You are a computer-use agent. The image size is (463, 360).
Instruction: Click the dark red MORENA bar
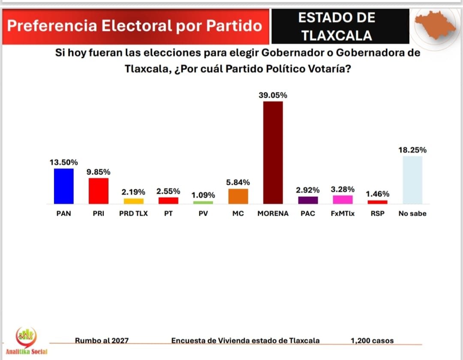tap(273, 153)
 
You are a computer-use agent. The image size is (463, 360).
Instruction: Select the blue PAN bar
tap(63, 186)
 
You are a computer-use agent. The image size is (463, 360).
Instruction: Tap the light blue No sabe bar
tap(412, 180)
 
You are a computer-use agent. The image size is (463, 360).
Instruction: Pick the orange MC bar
tap(238, 196)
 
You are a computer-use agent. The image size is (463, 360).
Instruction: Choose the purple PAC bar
tap(308, 200)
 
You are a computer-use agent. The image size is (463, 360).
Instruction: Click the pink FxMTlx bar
tap(343, 200)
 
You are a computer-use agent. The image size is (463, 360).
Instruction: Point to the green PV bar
tap(203, 202)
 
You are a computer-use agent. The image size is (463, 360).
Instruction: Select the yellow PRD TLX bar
tap(133, 201)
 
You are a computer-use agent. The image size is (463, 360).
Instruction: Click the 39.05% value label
tap(273, 95)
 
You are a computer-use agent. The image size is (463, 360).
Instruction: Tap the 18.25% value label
tap(412, 150)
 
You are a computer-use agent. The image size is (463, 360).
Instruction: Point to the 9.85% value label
tap(98, 172)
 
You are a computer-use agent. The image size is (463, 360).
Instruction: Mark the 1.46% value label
tap(377, 194)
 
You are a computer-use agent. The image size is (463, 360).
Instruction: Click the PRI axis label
tap(99, 213)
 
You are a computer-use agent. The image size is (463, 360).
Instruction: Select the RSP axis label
tap(377, 213)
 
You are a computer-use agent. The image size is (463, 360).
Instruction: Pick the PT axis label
tap(168, 213)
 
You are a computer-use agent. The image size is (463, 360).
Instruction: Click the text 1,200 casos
tap(372, 341)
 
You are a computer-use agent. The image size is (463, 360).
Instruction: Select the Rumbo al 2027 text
tap(102, 341)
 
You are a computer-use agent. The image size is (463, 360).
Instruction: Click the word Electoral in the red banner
tap(137, 26)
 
